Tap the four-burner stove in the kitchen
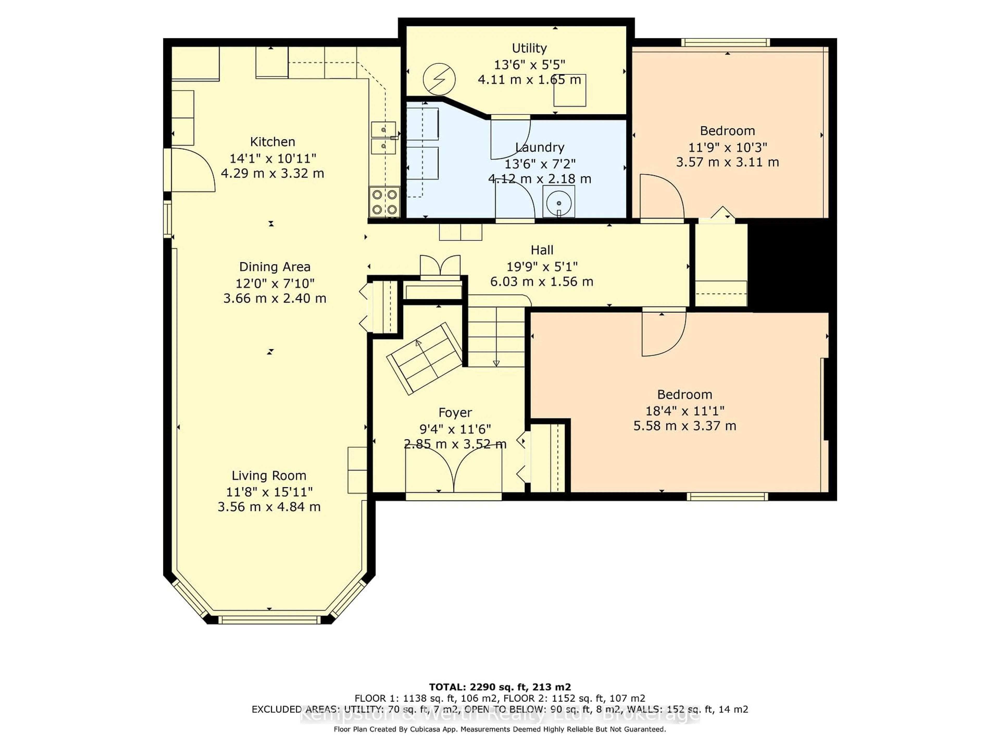pos(385,202)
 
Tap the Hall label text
pos(542,250)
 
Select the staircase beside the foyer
pos(496,335)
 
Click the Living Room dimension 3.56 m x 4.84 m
pos(269,507)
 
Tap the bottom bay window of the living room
pos(269,619)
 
